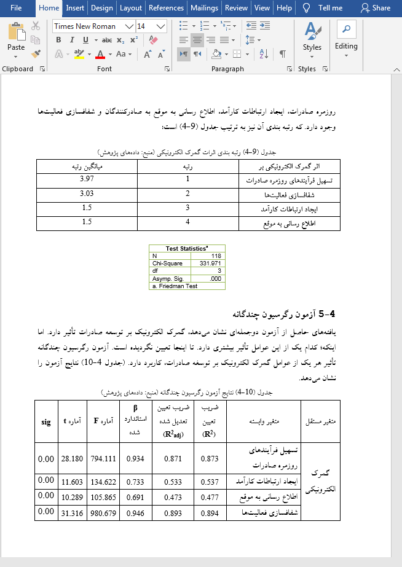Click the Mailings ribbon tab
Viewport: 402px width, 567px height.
(204, 8)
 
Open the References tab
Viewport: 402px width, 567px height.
(166, 8)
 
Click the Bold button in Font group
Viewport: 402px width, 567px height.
(59, 40)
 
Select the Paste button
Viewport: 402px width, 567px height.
(16, 38)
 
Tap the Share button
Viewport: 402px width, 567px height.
(376, 8)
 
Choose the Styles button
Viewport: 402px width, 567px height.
(312, 38)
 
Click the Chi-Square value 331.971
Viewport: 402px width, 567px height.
(210, 263)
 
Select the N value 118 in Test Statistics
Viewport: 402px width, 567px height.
(215, 256)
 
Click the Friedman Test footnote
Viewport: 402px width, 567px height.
(175, 286)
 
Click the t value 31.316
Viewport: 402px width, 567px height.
(73, 511)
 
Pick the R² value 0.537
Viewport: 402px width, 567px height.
(210, 480)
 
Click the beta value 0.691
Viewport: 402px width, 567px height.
(135, 495)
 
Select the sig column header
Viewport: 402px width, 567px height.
(45, 421)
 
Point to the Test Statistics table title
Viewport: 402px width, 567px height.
(187, 249)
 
